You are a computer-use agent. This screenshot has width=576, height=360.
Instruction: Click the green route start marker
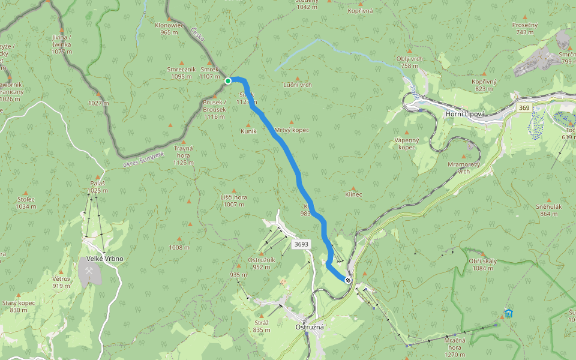pyautogui.click(x=228, y=80)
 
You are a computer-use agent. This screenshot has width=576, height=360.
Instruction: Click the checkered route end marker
pyautogui.click(x=347, y=279)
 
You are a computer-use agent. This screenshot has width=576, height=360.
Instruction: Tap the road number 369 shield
pyautogui.click(x=524, y=107)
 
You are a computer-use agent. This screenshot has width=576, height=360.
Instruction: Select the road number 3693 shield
pyautogui.click(x=301, y=244)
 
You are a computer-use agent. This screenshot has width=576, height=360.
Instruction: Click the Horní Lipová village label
pyautogui.click(x=466, y=113)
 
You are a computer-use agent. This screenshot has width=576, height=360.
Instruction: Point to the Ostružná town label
pyautogui.click(x=310, y=327)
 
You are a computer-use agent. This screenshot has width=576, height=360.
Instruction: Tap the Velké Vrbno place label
pyautogui.click(x=104, y=259)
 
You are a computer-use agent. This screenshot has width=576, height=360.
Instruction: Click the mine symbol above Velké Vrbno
pyautogui.click(x=89, y=271)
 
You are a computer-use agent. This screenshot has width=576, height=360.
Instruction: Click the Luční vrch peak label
pyautogui.click(x=298, y=85)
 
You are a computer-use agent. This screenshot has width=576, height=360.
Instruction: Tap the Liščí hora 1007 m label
pyautogui.click(x=234, y=200)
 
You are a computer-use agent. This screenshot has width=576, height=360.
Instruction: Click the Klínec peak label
pyautogui.click(x=354, y=194)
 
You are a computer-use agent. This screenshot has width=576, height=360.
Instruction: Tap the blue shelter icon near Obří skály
pyautogui.click(x=508, y=313)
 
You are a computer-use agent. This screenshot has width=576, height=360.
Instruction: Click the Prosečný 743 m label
pyautogui.click(x=524, y=28)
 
